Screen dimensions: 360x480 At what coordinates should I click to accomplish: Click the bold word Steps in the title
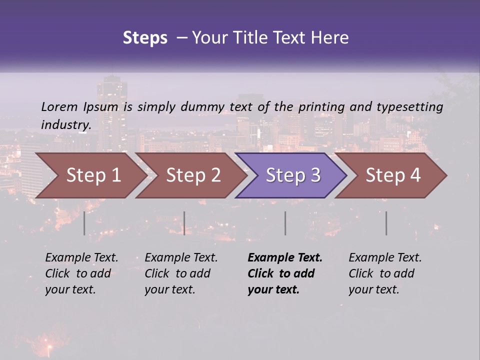(x=145, y=38)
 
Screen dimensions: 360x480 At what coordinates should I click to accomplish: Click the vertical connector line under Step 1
(x=84, y=223)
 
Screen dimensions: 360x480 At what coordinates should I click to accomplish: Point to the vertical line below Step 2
(x=184, y=223)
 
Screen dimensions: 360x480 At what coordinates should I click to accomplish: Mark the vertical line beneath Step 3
(x=285, y=223)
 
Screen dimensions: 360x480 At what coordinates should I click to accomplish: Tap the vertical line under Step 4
(x=386, y=223)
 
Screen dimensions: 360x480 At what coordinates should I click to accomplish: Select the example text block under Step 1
(x=81, y=273)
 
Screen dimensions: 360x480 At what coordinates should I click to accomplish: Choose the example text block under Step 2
(x=180, y=273)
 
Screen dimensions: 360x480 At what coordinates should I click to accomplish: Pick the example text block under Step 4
(x=384, y=273)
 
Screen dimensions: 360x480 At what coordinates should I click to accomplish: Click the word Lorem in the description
(x=59, y=106)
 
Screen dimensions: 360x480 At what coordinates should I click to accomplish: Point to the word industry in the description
(x=66, y=124)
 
